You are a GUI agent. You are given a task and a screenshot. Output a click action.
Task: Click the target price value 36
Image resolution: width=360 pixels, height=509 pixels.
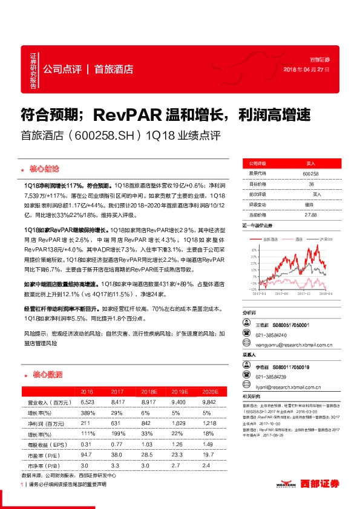click(312, 183)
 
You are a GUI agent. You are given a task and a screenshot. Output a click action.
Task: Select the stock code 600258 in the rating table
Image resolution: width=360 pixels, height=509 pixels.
click(311, 173)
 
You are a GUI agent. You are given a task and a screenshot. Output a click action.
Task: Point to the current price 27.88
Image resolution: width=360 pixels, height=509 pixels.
click(311, 214)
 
